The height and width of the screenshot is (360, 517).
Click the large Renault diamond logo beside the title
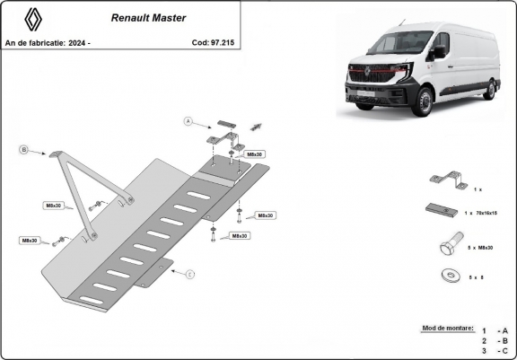coord(31,21)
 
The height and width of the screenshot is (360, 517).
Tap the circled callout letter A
coord(189,120)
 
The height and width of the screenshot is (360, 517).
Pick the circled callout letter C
coord(191,272)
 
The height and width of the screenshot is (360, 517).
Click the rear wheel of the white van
coord(491,87)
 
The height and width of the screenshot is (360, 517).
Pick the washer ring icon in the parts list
coord(446,276)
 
